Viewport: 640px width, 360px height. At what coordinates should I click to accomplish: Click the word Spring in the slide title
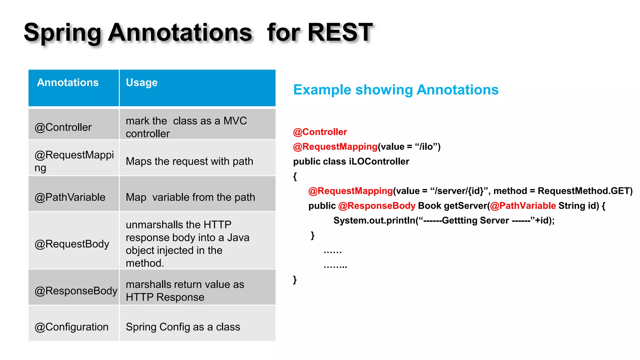62,33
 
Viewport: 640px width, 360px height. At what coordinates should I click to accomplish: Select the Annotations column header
68,82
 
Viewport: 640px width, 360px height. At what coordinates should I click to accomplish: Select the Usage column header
142,82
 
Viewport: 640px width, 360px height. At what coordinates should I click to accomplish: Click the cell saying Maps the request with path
189,161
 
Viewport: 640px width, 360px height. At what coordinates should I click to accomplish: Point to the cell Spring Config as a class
183,327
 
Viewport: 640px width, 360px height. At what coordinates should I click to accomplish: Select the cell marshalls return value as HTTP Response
185,291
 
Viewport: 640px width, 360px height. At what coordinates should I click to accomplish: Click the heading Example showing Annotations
396,90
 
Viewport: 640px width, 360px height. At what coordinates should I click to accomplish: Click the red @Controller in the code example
320,132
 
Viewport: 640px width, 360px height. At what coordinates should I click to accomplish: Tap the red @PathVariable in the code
523,206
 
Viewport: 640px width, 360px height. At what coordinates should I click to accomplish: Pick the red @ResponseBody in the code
377,206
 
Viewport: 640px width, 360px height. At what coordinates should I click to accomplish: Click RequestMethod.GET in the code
585,191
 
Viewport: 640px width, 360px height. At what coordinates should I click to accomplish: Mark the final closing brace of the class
295,279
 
